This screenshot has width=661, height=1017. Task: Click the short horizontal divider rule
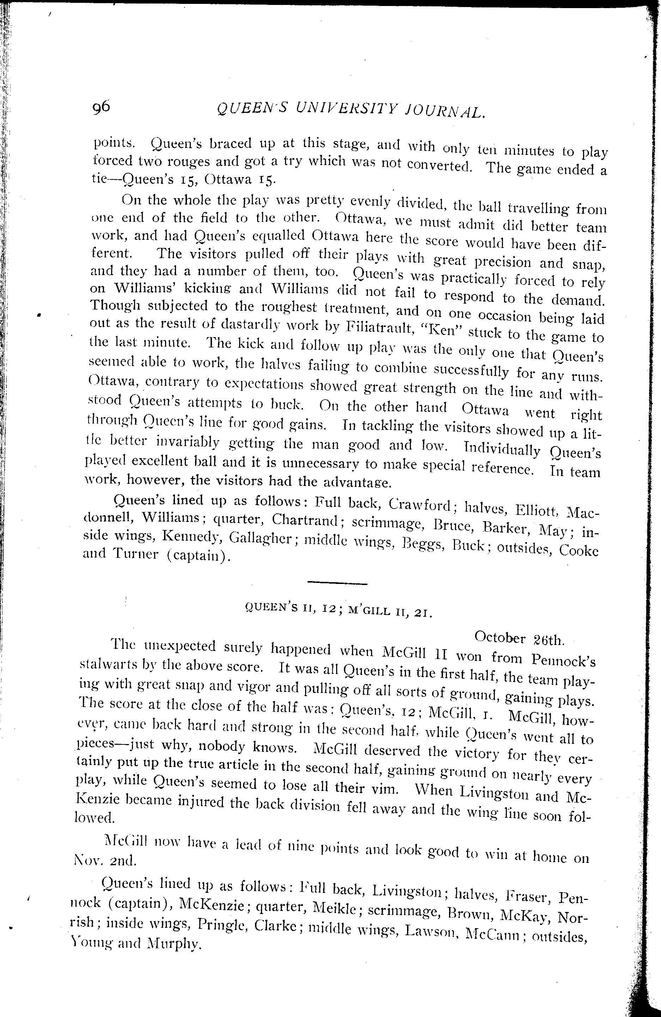337,583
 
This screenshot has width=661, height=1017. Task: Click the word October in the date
499,638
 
